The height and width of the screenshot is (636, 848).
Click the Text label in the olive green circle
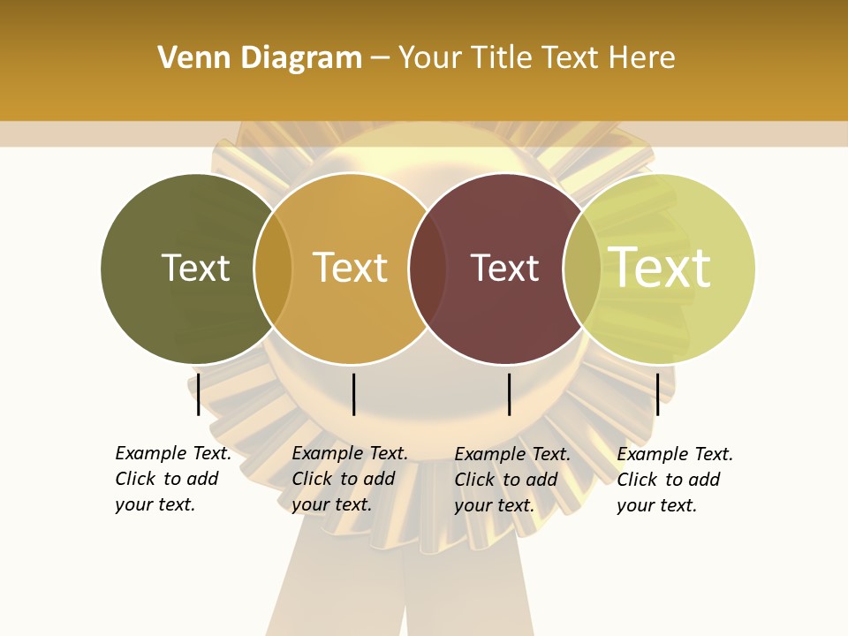(x=195, y=268)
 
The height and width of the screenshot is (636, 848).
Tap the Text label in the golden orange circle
(x=351, y=268)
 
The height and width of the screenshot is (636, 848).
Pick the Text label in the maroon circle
(x=504, y=268)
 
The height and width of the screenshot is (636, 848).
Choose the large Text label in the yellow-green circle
(x=660, y=268)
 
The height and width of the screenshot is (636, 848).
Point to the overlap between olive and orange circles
(x=273, y=269)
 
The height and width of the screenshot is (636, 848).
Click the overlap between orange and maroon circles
(x=427, y=269)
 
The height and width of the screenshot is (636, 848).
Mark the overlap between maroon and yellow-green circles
(x=581, y=269)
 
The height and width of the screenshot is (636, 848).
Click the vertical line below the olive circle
(x=199, y=394)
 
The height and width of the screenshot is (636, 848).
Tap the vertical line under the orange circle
(x=353, y=394)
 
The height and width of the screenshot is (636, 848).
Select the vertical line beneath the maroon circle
(x=509, y=394)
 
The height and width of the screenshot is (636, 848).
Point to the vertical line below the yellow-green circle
(x=657, y=394)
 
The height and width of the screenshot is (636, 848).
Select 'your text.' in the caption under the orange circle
(x=331, y=505)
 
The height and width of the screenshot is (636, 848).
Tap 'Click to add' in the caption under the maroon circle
(x=506, y=480)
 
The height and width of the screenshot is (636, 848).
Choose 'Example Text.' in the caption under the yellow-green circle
(x=675, y=455)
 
